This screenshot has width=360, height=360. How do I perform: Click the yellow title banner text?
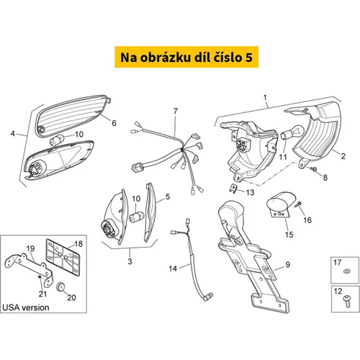pyautogui.click(x=186, y=58)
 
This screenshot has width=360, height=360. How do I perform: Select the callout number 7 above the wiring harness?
pyautogui.click(x=176, y=111)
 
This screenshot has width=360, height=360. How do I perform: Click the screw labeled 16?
pyautogui.click(x=299, y=204)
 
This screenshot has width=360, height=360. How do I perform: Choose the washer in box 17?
pyautogui.click(x=346, y=271)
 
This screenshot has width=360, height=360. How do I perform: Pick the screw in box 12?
pyautogui.click(x=347, y=301)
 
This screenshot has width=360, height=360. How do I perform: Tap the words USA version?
pyautogui.click(x=26, y=307)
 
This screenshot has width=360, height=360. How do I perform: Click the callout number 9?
pyautogui.click(x=287, y=264)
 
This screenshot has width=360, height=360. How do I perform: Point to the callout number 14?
pyautogui.click(x=173, y=269)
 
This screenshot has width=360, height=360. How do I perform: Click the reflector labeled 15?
pyautogui.click(x=280, y=204)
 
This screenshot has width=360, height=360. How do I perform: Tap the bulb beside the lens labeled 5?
pyautogui.click(x=137, y=217)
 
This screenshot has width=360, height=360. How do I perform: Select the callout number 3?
pyautogui.click(x=130, y=261)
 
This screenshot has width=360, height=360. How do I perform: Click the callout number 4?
pyautogui.click(x=13, y=133)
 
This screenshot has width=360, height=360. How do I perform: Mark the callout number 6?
pyautogui.click(x=114, y=123)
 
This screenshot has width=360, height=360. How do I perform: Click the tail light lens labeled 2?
pyautogui.click(x=318, y=134)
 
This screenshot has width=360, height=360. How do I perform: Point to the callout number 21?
pyautogui.click(x=42, y=294)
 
